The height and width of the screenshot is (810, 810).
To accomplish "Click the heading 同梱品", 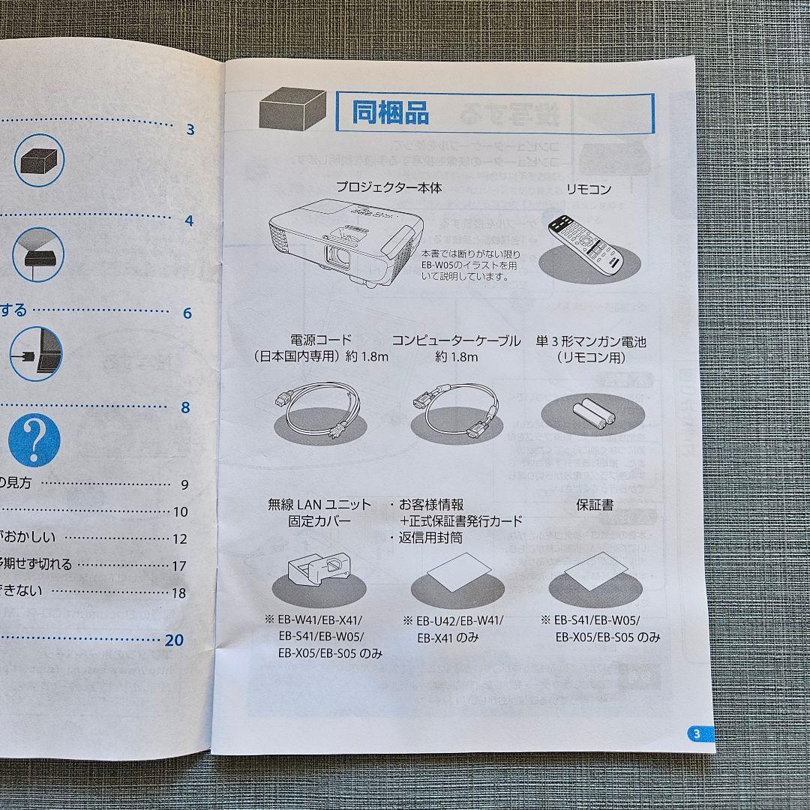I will [391, 113].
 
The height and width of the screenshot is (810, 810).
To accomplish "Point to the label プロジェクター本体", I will [388, 187].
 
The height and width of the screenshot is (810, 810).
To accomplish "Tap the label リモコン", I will [589, 190].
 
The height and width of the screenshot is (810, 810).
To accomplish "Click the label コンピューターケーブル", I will [456, 341].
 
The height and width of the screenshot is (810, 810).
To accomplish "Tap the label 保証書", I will [594, 505].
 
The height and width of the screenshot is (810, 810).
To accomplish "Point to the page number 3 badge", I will [697, 733].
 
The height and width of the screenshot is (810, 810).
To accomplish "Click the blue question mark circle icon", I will [34, 439].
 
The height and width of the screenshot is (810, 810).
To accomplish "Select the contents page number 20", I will [174, 640].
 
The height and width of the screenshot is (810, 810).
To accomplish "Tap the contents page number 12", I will [179, 538].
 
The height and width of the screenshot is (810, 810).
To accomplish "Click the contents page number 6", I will [187, 313].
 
